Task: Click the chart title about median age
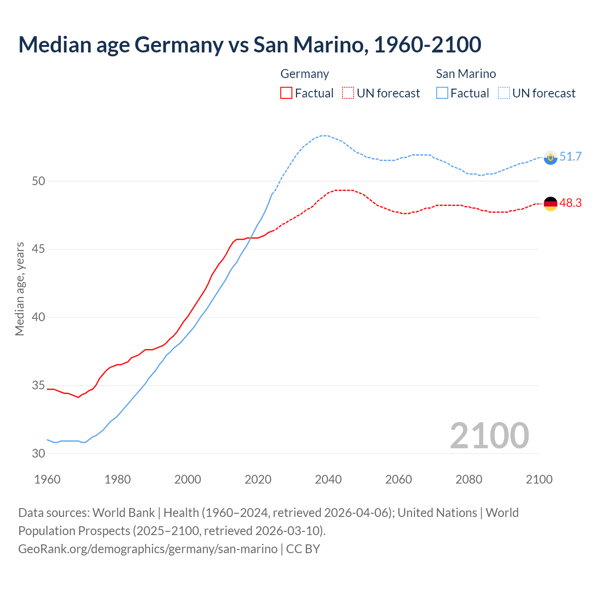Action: [x=250, y=45]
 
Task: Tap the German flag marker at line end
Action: [x=550, y=204]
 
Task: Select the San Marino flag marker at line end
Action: [x=550, y=158]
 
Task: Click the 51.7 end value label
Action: [x=570, y=157]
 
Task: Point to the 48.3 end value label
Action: [x=570, y=203]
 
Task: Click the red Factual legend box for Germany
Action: [x=286, y=93]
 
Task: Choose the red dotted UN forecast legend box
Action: [x=348, y=93]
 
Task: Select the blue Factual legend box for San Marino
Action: [x=442, y=93]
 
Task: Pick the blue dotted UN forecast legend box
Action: [x=504, y=93]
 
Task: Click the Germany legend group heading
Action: [x=304, y=74]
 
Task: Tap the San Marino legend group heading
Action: [x=465, y=74]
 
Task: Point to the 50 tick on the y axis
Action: [x=39, y=181]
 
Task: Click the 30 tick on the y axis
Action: [x=39, y=453]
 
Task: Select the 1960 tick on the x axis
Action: [x=47, y=479]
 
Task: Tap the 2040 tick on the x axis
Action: [x=328, y=479]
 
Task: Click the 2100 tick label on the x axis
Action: [x=539, y=479]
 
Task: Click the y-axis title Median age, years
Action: [x=20, y=289]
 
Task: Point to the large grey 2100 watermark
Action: [x=489, y=435]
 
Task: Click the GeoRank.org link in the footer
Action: [x=148, y=549]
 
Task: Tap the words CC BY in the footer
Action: [x=303, y=549]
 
